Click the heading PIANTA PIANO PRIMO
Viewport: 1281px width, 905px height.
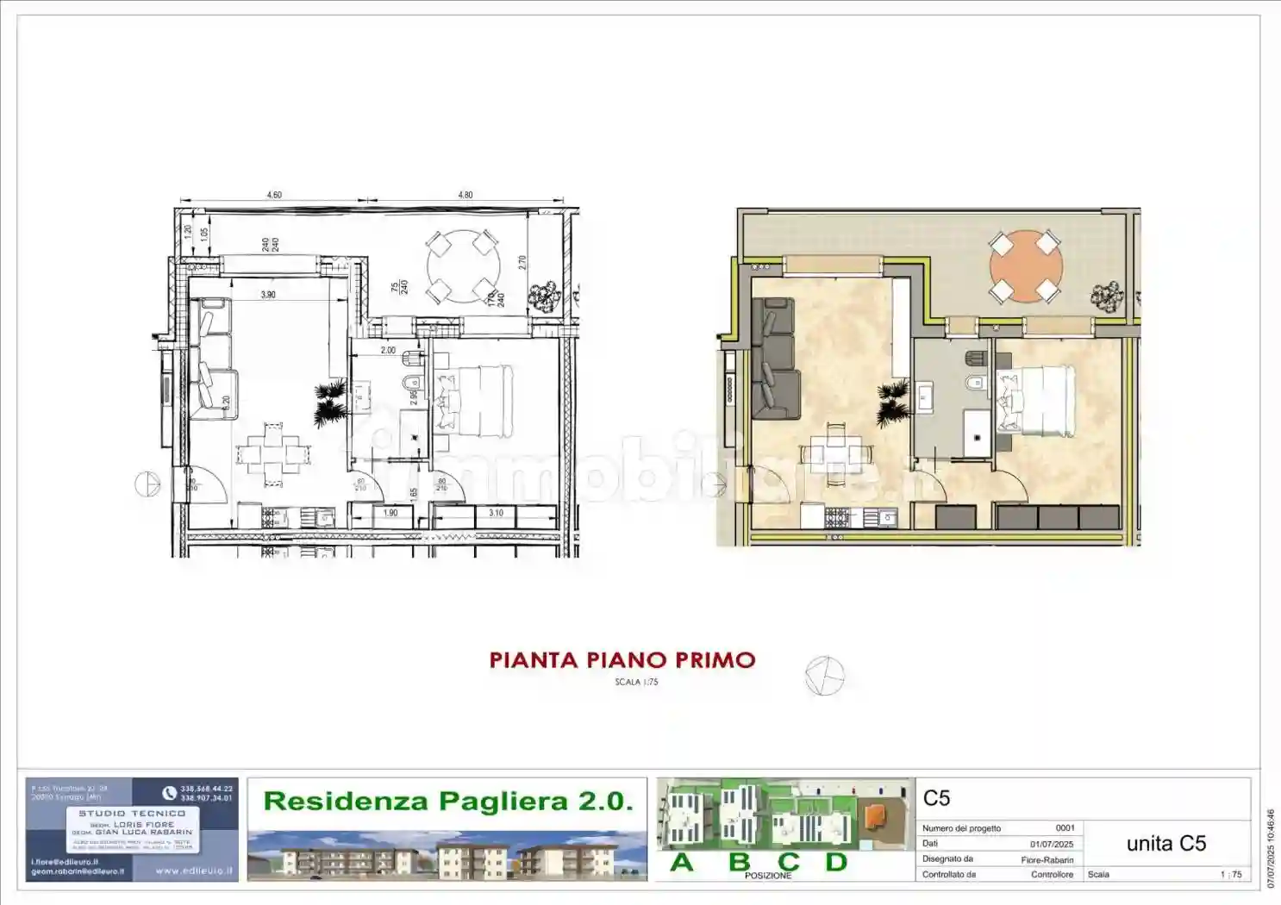[x=622, y=660]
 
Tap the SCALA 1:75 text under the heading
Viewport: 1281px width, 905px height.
[x=636, y=682]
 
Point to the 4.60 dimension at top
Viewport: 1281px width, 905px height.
[x=274, y=195]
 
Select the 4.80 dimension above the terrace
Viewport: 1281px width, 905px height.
[x=466, y=195]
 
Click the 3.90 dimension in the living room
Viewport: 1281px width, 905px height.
[x=268, y=295]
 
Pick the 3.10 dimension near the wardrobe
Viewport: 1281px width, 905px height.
[x=496, y=513]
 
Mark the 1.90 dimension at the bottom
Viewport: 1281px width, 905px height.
[x=390, y=513]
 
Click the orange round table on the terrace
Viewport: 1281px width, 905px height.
[x=1025, y=266]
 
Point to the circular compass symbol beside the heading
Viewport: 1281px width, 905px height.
[x=824, y=675]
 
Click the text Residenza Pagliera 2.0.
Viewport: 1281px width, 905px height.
[x=448, y=801]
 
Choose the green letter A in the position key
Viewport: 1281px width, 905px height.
[x=682, y=862]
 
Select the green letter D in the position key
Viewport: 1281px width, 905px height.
[x=836, y=862]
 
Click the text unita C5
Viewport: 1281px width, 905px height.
[x=1165, y=844]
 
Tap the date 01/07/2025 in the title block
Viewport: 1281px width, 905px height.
[x=1052, y=844]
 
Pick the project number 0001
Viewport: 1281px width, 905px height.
[x=1065, y=828]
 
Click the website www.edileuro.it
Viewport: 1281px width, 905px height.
[x=194, y=871]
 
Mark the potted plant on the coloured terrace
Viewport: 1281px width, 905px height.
[x=1107, y=296]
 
